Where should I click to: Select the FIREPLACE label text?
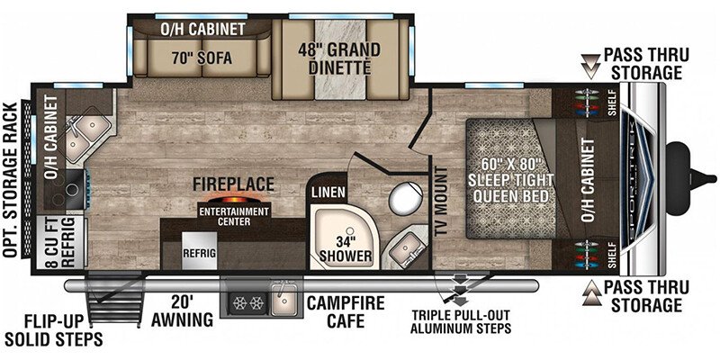point(234,184)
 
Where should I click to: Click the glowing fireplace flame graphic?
point(234,200)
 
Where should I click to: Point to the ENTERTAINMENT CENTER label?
point(234,217)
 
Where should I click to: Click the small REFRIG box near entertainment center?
point(200,251)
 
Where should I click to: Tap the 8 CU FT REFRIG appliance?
point(62,242)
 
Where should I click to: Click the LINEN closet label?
point(328,192)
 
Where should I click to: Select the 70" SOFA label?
point(202,58)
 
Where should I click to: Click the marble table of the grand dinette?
point(340,58)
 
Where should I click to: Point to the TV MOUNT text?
point(442,201)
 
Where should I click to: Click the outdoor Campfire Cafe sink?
point(284,300)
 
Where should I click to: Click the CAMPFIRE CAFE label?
point(346,312)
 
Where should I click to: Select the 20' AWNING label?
point(184,311)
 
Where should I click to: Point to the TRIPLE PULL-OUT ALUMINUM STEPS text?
point(461,322)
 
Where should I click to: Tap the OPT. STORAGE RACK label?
point(10,179)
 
